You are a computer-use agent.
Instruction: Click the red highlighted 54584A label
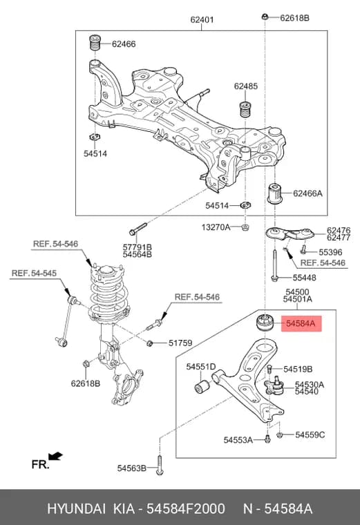click(301, 323)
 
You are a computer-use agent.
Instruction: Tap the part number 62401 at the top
click(202, 20)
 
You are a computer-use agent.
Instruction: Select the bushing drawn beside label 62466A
click(274, 193)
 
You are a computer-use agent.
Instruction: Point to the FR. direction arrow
click(55, 456)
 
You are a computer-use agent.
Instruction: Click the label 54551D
click(201, 367)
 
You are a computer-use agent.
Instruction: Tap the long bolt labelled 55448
click(274, 266)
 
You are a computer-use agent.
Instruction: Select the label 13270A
click(216, 227)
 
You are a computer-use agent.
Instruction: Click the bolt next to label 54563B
click(160, 465)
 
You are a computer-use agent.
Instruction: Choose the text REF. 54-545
click(34, 274)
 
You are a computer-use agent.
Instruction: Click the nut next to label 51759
click(150, 343)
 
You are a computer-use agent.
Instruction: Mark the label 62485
click(246, 86)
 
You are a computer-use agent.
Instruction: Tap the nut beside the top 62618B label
click(265, 16)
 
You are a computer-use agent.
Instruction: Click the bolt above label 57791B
click(138, 229)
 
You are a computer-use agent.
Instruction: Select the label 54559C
click(310, 435)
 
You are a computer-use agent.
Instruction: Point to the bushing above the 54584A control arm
click(265, 323)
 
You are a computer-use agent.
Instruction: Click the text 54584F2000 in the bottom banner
click(186, 508)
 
